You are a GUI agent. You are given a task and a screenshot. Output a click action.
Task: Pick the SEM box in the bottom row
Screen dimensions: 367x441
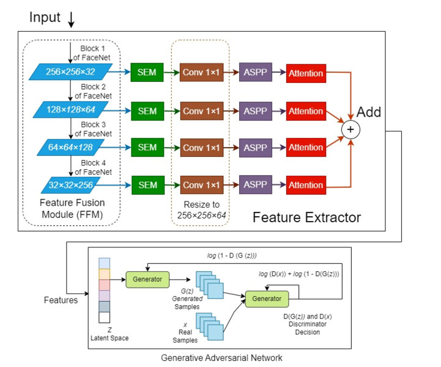(147, 184)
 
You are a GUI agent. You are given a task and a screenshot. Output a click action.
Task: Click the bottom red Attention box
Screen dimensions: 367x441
(306, 185)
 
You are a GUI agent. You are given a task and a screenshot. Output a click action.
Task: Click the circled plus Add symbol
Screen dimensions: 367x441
(350, 129)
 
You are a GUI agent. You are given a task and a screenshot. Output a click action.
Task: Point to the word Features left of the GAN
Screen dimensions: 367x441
(61, 300)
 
